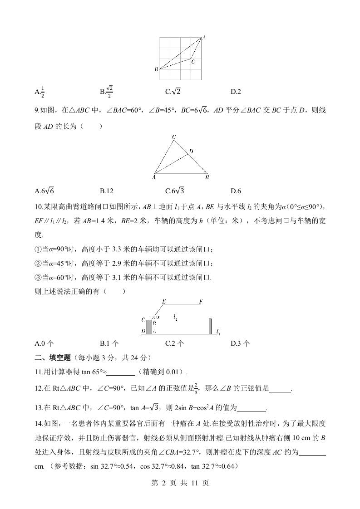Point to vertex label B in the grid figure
tap(156, 69)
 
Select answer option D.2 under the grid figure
tap(236, 92)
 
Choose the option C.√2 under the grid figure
tap(173, 92)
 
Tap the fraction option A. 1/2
tap(39, 92)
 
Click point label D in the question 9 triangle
tap(191, 151)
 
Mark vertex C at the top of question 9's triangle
tap(174, 137)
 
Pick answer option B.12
tap(106, 191)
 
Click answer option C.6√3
tap(174, 191)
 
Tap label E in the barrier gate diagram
tap(163, 302)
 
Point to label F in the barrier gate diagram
tap(200, 302)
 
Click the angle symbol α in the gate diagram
tap(158, 317)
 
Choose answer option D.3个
tap(240, 343)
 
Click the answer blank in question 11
tap(121, 373)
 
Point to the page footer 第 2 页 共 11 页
tap(180, 483)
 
